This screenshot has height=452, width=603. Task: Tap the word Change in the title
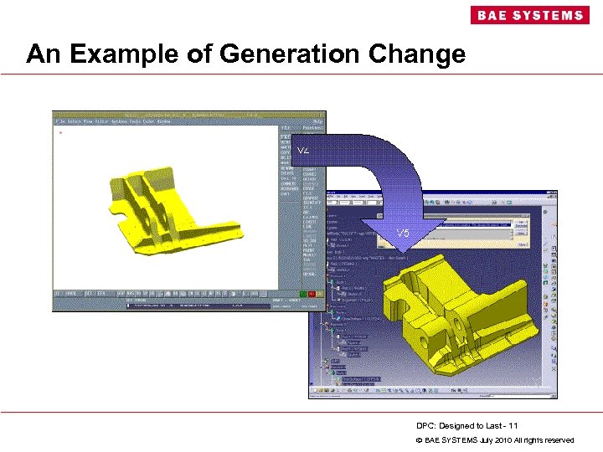[x=419, y=54]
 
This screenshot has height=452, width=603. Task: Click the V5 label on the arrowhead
[x=403, y=232]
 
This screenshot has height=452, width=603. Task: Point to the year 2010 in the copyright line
[x=496, y=439]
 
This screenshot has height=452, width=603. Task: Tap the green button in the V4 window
[x=303, y=294]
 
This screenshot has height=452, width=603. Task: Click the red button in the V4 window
[x=312, y=294]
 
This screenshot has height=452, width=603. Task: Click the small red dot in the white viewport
[x=60, y=132]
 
